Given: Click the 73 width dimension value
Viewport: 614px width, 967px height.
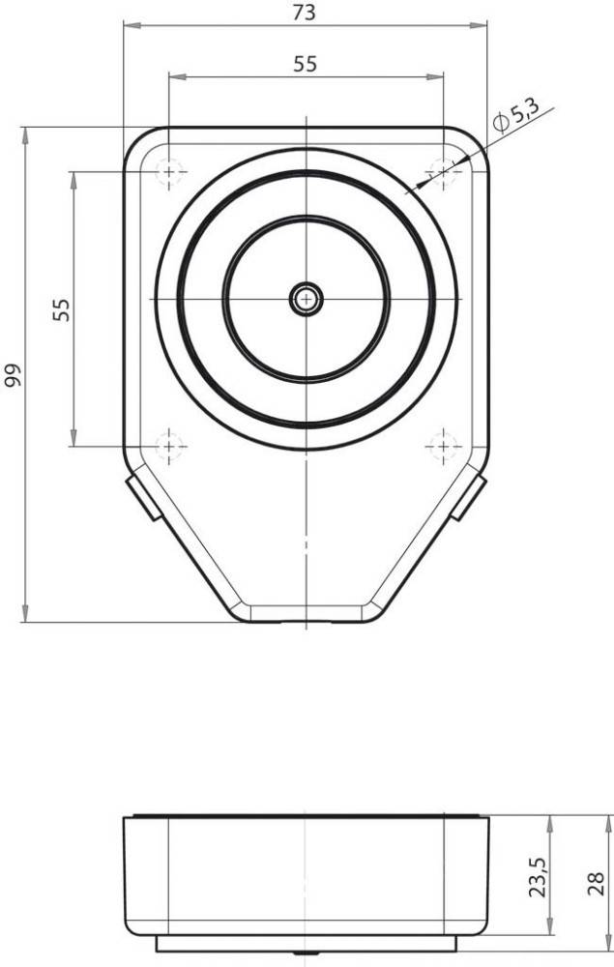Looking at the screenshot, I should coord(305,13).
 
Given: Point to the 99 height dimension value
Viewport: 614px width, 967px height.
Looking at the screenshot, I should coord(12,375).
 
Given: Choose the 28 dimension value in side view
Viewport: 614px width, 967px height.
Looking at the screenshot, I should coord(598,882).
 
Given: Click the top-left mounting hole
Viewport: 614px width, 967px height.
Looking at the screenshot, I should coord(169,172).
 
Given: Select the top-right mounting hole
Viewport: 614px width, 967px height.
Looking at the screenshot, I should coord(443,172).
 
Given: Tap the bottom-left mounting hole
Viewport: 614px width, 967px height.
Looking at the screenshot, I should coord(169,446).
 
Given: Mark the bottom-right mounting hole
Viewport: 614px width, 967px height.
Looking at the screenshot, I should coord(443,446).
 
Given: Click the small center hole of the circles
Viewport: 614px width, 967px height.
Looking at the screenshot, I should coord(307,299).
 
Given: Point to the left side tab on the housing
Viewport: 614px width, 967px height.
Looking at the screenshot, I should coord(142,494).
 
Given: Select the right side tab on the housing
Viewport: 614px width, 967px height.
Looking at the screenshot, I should coord(470,495).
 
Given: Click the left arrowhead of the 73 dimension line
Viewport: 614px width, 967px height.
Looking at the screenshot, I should coord(129,25).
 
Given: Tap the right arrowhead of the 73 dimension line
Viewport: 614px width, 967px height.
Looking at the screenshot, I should coord(482,25).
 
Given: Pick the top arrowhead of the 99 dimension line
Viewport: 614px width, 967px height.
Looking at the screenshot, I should coord(22,132).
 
